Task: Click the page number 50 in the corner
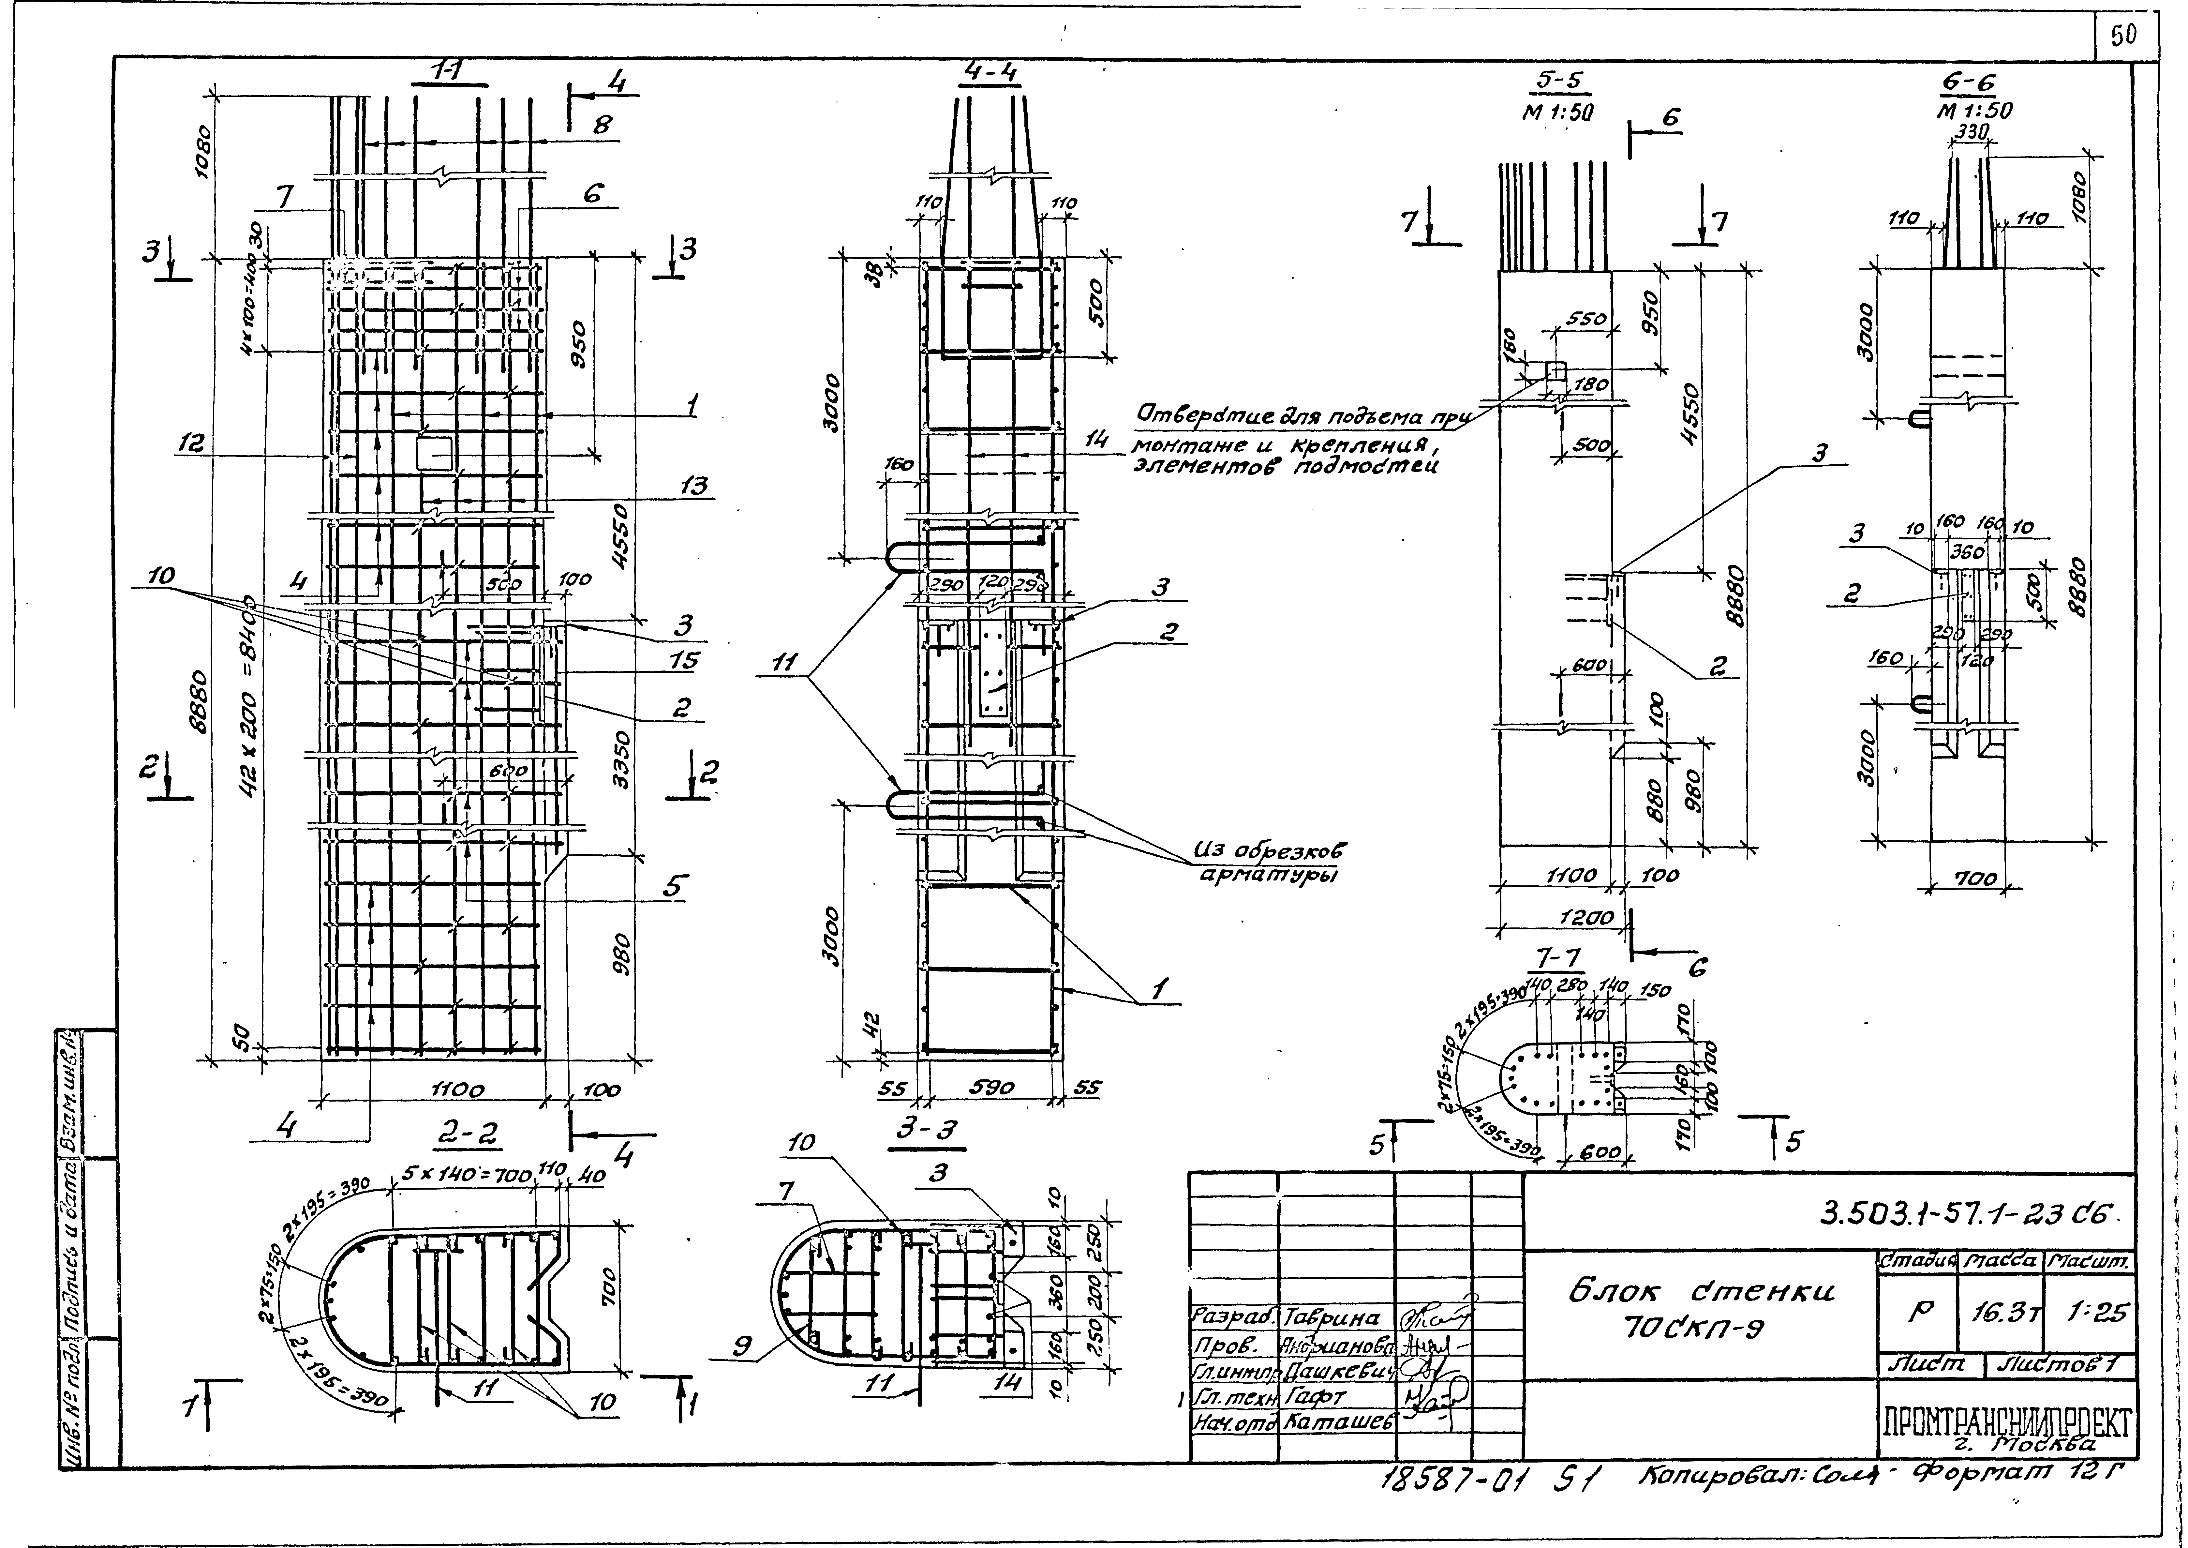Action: point(2122,36)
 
